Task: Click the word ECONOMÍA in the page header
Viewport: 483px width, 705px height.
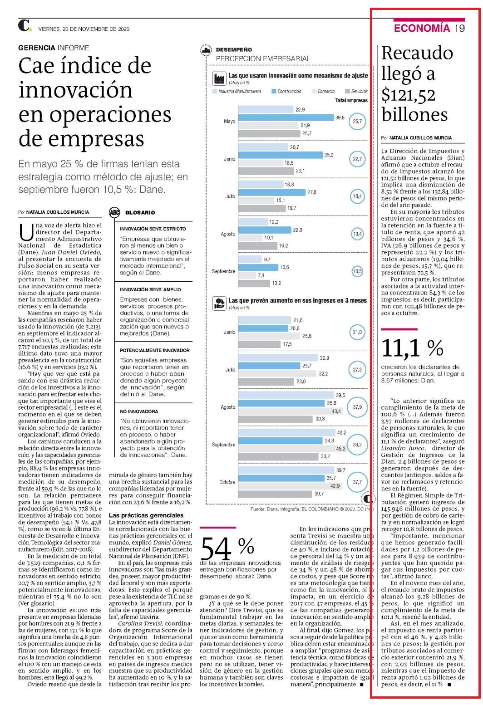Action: point(422,28)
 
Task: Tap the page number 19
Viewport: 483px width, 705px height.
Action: point(459,28)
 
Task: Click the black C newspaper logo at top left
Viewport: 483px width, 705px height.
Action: point(25,25)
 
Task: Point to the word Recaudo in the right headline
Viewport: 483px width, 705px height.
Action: point(417,53)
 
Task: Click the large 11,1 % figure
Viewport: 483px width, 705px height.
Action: point(412,348)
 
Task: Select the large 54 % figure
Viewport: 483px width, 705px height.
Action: point(227,548)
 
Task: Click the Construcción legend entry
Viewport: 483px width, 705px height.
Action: point(286,91)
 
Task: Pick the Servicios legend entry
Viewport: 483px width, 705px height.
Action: point(356,91)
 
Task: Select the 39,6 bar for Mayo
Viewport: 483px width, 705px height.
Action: point(286,117)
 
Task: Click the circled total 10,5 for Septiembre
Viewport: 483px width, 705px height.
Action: point(357,271)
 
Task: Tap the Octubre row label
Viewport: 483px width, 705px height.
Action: point(227,482)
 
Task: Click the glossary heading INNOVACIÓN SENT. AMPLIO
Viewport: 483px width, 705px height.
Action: point(150,289)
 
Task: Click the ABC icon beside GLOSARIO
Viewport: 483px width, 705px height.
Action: point(114,212)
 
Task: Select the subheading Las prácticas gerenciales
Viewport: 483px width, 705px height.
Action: point(146,515)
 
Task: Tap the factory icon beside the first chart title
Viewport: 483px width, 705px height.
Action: point(219,78)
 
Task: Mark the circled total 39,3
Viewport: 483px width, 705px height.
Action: point(357,445)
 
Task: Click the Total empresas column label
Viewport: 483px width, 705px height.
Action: point(351,100)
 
